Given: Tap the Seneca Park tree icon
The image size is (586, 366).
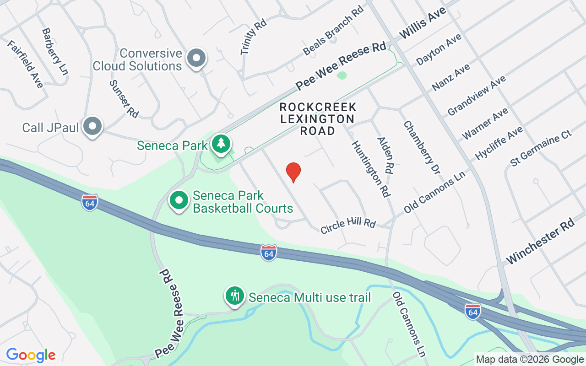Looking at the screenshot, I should (x=222, y=143).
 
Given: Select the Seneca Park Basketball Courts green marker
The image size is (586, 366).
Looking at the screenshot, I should (x=179, y=200).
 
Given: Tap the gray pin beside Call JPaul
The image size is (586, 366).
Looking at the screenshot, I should (x=93, y=126).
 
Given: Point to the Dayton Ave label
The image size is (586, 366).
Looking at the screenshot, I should (x=439, y=49).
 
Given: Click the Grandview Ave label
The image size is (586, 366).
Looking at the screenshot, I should (x=477, y=95).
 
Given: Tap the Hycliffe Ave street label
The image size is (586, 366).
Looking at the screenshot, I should (x=499, y=143).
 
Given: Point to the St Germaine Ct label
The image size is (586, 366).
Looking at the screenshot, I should (x=541, y=148).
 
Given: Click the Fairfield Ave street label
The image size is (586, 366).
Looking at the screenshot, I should (x=25, y=64).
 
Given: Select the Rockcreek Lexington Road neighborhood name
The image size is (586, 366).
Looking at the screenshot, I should (x=318, y=119).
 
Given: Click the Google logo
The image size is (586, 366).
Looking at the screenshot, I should (x=31, y=355).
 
